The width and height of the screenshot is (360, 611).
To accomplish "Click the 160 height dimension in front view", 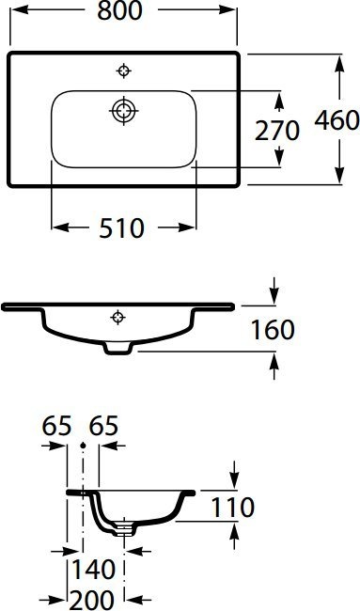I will [x=273, y=330].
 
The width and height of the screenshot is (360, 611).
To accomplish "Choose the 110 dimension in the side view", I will [x=233, y=508].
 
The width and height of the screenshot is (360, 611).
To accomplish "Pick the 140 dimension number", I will [x=94, y=568].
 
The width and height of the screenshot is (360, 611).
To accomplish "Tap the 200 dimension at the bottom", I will [x=94, y=598].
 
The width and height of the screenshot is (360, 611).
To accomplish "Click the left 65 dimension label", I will [x=57, y=426].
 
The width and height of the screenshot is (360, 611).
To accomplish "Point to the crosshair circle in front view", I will [x=117, y=317].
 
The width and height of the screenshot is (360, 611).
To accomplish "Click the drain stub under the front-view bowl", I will [x=117, y=349].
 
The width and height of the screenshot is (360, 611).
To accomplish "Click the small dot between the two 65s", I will [x=83, y=444].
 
